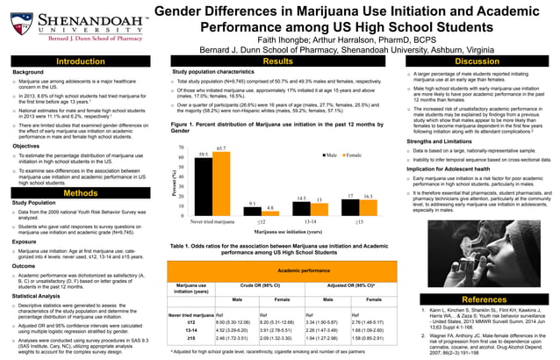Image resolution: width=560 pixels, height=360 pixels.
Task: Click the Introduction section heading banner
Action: (81, 61)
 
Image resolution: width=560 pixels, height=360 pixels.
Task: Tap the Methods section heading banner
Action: (81, 193)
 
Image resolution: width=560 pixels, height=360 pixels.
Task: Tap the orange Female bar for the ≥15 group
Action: (367, 207)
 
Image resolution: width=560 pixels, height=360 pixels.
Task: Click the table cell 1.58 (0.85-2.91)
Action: (370, 337)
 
